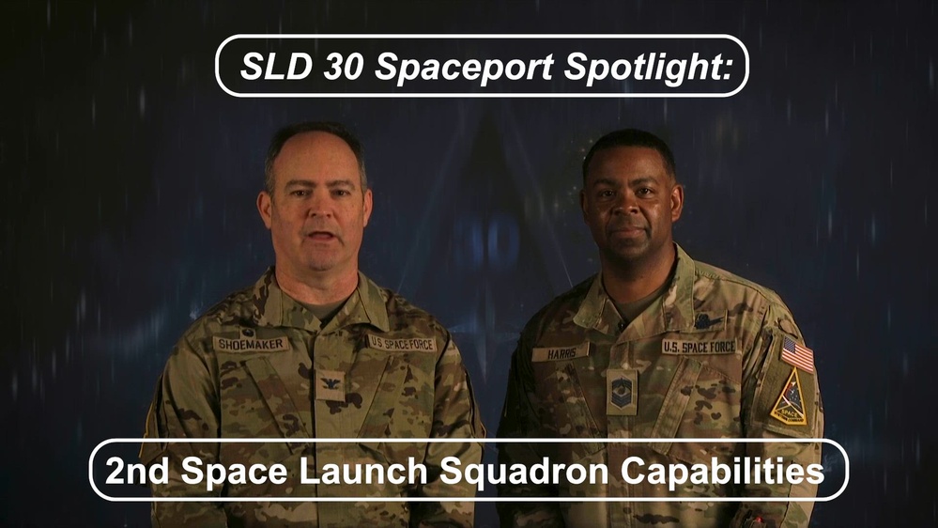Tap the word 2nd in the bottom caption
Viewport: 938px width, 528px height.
click(136, 470)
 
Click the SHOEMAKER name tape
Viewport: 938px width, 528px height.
click(251, 345)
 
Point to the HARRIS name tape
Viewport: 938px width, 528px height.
click(560, 353)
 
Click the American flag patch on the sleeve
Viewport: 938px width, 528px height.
click(797, 355)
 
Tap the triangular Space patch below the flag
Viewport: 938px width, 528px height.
click(789, 397)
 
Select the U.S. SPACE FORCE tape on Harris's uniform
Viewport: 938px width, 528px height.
click(700, 347)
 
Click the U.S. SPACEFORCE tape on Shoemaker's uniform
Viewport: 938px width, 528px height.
click(402, 344)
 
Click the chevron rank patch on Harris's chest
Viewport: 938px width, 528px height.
click(622, 392)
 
